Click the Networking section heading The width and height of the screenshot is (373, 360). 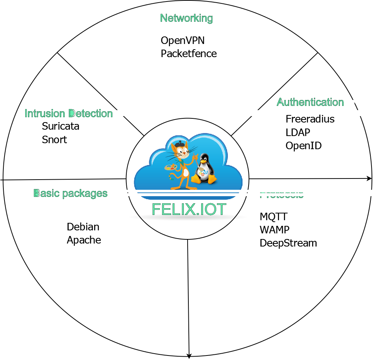(x=186, y=18)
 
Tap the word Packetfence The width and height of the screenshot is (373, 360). (x=188, y=53)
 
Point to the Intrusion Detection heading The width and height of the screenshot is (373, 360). (x=68, y=113)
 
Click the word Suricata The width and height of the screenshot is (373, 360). (x=61, y=126)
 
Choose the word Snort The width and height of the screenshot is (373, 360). (x=54, y=139)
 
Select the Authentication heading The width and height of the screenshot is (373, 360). (x=310, y=102)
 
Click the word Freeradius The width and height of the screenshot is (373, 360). (x=310, y=119)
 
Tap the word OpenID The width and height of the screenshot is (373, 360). (x=303, y=145)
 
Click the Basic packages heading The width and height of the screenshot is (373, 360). (x=70, y=193)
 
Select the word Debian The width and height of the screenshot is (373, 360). (x=83, y=227)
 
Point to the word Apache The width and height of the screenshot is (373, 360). (x=83, y=240)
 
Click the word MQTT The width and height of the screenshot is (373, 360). (x=273, y=216)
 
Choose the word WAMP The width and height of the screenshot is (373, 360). (x=274, y=230)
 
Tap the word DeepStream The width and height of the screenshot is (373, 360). (x=288, y=243)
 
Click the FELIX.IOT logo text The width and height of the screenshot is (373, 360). (x=189, y=209)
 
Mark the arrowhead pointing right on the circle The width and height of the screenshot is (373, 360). (x=369, y=178)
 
